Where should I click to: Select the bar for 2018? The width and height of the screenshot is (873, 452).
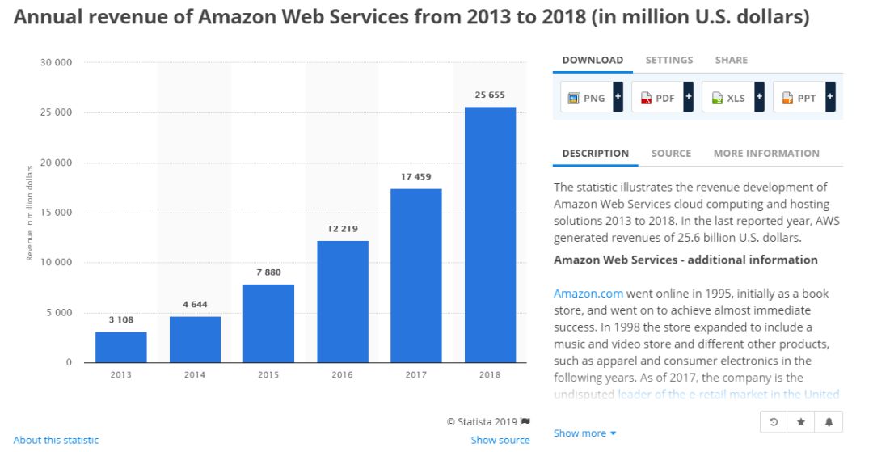490,234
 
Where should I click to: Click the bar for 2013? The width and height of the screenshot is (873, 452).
121,347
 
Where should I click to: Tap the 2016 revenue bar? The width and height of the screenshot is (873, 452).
342,302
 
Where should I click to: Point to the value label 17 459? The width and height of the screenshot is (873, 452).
416,176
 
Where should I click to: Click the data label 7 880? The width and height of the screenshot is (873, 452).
268,272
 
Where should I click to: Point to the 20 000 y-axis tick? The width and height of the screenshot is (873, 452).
56,163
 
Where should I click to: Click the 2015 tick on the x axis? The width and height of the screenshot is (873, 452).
268,375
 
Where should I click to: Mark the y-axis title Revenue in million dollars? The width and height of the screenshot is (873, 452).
30,212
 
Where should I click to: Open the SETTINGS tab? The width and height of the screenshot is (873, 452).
668,60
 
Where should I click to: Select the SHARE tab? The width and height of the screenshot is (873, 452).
731,60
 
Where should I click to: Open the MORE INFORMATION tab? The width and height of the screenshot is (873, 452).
765,154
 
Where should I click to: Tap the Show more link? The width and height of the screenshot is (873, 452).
584,433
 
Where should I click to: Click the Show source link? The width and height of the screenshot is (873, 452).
500,441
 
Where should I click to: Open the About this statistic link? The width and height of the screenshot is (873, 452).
56,441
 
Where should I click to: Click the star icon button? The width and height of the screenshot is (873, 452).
800,422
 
